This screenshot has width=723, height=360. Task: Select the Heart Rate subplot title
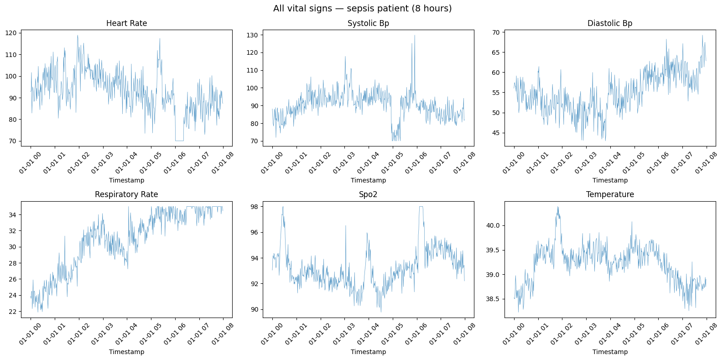pyautogui.click(x=126, y=23)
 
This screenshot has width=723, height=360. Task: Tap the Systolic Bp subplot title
pyautogui.click(x=368, y=23)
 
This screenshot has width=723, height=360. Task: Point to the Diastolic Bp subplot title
pyautogui.click(x=610, y=23)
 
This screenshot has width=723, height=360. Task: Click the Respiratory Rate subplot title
pyautogui.click(x=126, y=194)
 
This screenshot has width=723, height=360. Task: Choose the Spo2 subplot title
pyautogui.click(x=368, y=194)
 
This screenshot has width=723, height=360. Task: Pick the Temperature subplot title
pyautogui.click(x=610, y=194)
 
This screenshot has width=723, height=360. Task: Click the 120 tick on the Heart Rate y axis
pyautogui.click(x=11, y=33)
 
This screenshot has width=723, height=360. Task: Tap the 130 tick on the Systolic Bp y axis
pyautogui.click(x=253, y=35)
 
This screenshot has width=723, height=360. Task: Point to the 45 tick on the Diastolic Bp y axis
pyautogui.click(x=496, y=133)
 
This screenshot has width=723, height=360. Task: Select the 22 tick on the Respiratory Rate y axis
pyautogui.click(x=13, y=312)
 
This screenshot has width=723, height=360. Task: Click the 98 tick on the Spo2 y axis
pyautogui.click(x=255, y=207)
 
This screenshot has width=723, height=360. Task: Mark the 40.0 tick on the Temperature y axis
pyautogui.click(x=493, y=225)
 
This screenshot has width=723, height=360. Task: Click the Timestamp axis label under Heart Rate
pyautogui.click(x=126, y=180)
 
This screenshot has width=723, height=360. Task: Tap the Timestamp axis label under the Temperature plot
pyautogui.click(x=610, y=352)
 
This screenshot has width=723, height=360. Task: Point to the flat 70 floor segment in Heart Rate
pyautogui.click(x=179, y=141)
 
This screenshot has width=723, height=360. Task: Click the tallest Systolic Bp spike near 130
pyautogui.click(x=415, y=36)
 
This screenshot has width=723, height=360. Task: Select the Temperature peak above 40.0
pyautogui.click(x=558, y=207)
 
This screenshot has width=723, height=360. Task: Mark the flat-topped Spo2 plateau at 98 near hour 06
pyautogui.click(x=421, y=207)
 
